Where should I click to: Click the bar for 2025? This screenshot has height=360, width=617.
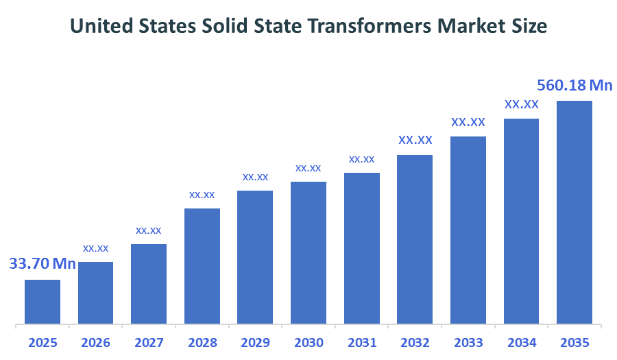pos(43,301)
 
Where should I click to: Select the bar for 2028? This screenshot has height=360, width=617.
pos(202,265)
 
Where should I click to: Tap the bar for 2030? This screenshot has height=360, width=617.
pos(308,252)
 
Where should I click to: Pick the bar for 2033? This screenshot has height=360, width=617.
pos(468,229)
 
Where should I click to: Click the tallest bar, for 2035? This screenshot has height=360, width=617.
pos(574,211)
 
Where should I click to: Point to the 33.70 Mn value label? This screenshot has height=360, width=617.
pos(43,264)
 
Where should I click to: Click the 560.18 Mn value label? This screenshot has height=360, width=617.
pos(574,85)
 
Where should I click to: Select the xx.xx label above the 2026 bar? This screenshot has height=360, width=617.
pos(96,248)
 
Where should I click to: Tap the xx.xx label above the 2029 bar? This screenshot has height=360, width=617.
pos(255,177)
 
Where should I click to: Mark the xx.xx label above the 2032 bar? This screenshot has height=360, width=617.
pos(415,140)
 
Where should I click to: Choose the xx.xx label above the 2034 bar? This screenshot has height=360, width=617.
pos(522,104)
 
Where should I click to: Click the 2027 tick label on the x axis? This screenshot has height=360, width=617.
pos(149,342)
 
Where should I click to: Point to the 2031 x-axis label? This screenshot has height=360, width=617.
pos(361,342)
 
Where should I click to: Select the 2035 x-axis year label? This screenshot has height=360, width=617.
pos(574,342)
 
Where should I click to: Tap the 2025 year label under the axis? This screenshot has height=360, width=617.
pos(43,342)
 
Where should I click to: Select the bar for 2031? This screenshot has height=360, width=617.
pos(361,248)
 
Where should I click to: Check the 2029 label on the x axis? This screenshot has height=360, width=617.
pos(255,342)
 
